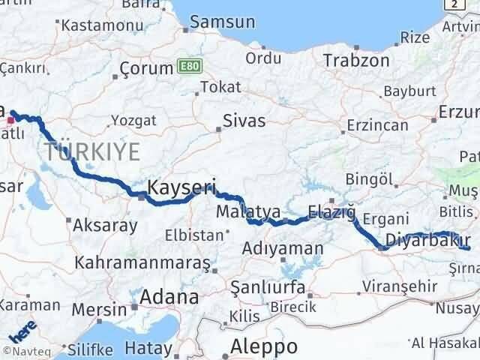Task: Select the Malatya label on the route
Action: (x=248, y=212)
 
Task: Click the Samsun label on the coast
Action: (x=222, y=22)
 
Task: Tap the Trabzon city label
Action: (x=356, y=61)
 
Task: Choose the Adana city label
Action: (x=173, y=297)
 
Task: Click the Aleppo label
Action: (x=263, y=346)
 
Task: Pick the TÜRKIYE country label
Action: (x=91, y=152)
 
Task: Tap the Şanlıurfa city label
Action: (x=268, y=288)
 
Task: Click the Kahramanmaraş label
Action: (x=142, y=263)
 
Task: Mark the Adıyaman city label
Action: (x=283, y=248)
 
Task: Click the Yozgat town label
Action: (x=133, y=121)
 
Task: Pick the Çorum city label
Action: (x=147, y=70)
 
